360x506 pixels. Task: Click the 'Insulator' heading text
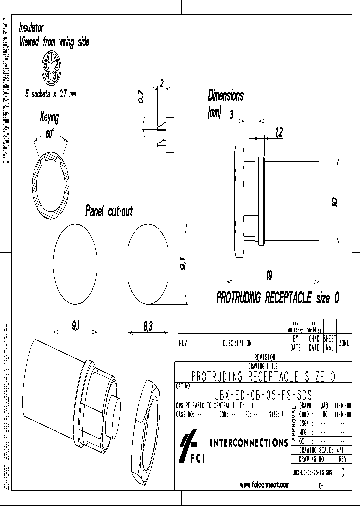(x=31, y=28)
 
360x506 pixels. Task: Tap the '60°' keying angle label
(x=51, y=134)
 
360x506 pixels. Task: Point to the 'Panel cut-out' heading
(x=109, y=210)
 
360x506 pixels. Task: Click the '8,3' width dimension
(x=148, y=326)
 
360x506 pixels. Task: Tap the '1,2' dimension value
(x=279, y=132)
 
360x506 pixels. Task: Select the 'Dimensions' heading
(x=226, y=95)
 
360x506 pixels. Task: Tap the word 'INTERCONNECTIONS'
(x=248, y=442)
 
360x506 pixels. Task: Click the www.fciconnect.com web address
(x=264, y=485)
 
